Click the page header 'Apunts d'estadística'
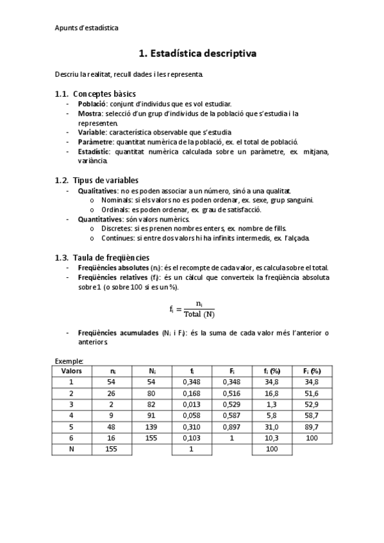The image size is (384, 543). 86,28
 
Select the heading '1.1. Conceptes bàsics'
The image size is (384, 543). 104,94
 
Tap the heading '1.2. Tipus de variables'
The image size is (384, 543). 106,180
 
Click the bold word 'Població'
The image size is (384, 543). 92,104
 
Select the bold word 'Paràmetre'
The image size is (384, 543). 96,142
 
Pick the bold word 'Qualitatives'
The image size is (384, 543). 97,191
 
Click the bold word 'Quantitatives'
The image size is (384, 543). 99,219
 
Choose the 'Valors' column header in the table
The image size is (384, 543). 72,371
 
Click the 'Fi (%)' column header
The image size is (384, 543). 312,371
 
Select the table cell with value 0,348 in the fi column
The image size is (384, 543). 192,382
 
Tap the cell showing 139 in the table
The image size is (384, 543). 153,427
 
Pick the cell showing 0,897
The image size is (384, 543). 232,427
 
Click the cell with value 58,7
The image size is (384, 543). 312,416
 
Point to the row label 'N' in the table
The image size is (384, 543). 72,450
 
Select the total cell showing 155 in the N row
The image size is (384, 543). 112,450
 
